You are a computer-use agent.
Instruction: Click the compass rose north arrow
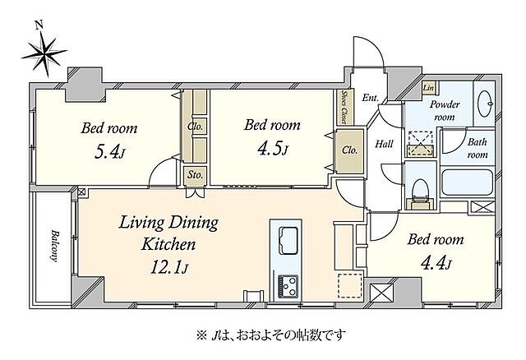coord(44,52)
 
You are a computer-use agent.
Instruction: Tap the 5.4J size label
coord(108,152)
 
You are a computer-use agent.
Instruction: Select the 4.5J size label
coord(272,149)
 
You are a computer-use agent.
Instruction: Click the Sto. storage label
coord(195,175)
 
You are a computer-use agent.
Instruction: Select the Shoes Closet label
coord(344,108)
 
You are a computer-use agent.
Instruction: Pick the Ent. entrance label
coord(370,98)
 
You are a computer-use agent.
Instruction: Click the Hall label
coord(383,144)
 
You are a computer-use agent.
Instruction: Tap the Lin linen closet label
coord(427,88)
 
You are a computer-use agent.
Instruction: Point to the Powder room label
coord(445,110)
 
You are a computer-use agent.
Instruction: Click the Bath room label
coord(478,148)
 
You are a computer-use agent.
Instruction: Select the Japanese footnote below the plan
coord(262,335)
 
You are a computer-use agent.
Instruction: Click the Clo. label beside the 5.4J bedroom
coord(196,127)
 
